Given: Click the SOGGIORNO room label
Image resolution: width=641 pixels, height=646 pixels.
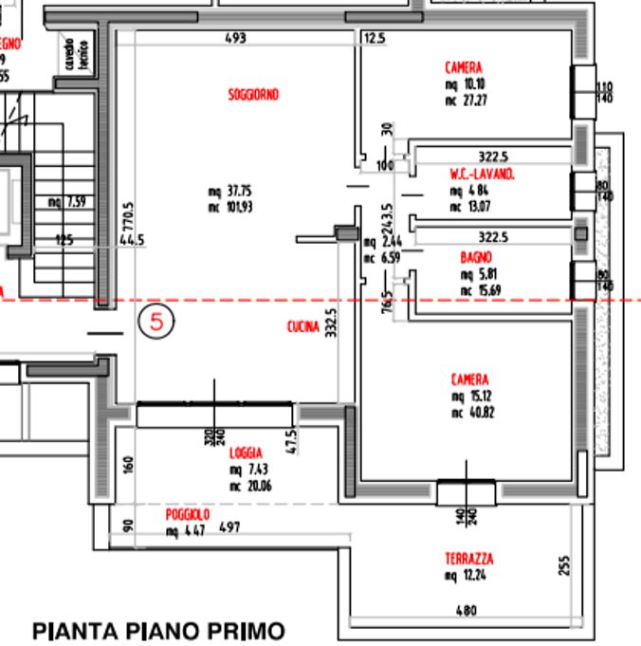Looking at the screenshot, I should [253, 95].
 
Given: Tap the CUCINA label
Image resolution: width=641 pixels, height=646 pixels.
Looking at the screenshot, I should [303, 327].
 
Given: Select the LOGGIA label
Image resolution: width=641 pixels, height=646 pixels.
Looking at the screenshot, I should [245, 454].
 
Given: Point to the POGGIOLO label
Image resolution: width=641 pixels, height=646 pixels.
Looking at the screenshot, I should [187, 513].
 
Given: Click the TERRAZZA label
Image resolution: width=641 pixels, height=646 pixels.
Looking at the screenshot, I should [468, 559].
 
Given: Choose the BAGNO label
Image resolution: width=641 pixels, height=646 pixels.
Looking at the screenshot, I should [476, 257].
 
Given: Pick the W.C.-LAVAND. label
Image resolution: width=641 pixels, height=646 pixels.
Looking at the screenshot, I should [482, 175].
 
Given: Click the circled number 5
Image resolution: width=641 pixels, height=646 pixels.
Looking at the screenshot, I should [157, 322].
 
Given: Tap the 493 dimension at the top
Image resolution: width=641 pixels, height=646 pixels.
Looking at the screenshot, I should [235, 38].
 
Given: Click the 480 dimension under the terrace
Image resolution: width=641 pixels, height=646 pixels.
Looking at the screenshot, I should [466, 611].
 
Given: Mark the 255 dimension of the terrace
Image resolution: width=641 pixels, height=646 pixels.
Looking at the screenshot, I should [565, 566].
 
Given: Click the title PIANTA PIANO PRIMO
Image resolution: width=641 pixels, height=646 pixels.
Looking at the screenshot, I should [158, 630].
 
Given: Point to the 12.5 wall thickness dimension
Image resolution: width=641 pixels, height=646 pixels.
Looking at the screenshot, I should [375, 38].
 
